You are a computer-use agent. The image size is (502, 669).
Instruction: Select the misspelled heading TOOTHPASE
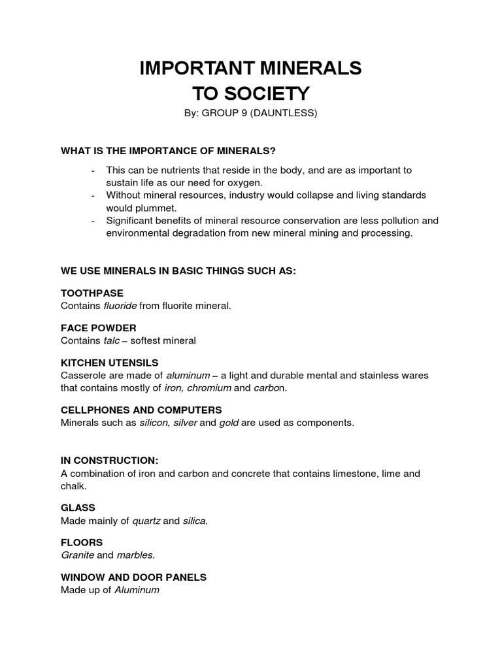92,293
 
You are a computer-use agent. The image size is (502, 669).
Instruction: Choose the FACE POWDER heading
99,328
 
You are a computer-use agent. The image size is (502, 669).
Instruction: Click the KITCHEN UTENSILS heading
110,363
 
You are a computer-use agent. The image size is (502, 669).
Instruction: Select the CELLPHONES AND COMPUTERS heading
141,410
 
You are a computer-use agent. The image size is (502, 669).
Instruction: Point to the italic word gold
228,423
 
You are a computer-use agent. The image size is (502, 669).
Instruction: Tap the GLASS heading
78,508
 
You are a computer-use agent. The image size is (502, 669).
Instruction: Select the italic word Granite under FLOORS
76,555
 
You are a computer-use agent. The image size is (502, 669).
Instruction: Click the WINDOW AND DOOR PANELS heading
134,578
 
